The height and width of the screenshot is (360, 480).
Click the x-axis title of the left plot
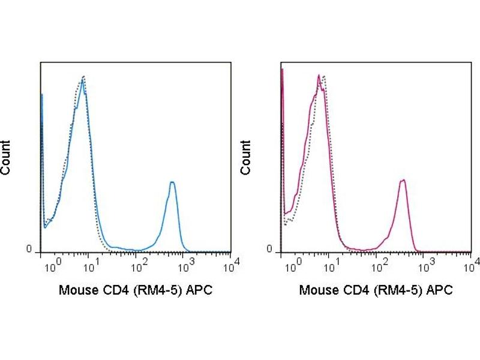pos(135,290)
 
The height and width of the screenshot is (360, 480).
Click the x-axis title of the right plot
pos(376,290)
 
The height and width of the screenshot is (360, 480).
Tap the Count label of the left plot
pos(6,157)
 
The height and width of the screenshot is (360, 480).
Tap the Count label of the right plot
pos(246,157)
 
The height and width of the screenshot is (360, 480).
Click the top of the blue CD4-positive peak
pos(172,182)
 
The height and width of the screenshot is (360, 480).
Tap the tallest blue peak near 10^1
pos(83,78)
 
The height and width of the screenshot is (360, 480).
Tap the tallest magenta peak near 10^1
pos(318,76)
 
